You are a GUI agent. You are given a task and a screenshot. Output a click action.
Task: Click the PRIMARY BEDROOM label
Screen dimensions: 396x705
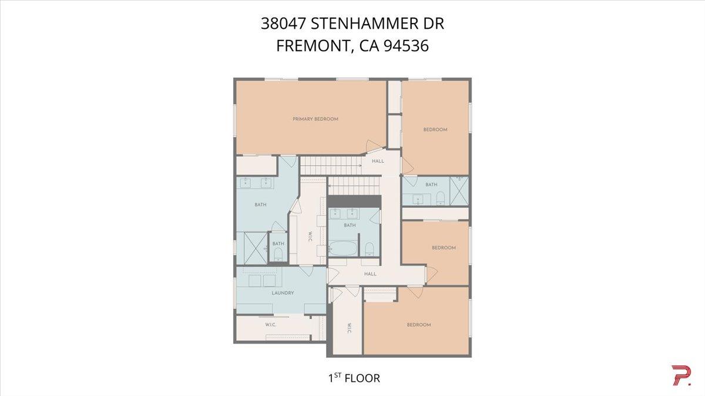(315, 119)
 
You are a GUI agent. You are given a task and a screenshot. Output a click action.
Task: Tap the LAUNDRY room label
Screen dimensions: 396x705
(283, 293)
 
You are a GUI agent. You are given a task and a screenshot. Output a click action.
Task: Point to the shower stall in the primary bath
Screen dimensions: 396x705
(251, 246)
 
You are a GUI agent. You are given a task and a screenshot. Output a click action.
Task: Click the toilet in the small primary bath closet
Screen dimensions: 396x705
(278, 254)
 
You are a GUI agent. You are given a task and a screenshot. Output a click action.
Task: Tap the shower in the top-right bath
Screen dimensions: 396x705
(459, 190)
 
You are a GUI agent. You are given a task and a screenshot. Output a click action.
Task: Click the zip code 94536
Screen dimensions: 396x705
(405, 46)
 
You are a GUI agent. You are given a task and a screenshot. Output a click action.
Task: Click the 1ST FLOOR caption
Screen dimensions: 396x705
(354, 378)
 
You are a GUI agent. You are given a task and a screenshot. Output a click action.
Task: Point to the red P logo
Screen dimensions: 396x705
(680, 376)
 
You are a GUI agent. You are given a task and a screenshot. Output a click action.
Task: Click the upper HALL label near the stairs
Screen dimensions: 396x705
(378, 161)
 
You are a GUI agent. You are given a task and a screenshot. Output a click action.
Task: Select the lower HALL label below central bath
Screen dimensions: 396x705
(370, 274)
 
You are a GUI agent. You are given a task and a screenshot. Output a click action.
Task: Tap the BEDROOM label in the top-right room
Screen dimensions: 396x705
(435, 130)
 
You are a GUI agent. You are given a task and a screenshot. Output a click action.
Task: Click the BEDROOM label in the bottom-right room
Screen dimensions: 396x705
(419, 325)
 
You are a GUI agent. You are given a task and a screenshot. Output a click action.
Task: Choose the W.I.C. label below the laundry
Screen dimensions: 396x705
(271, 324)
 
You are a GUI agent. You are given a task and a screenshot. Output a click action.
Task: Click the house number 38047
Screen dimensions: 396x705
(284, 24)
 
